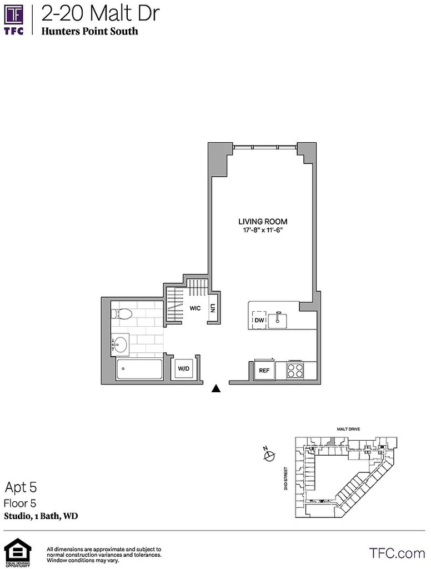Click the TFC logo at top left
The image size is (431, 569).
coord(14,21)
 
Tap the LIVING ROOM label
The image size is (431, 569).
coord(263,221)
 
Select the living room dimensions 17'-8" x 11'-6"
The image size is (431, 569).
coord(263,230)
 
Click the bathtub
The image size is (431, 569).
coord(139,370)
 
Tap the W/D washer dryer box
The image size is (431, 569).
coord(184,369)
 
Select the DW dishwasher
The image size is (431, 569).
coord(259,320)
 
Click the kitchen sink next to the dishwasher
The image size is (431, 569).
coord(278,320)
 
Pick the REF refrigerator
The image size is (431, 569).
coord(264,370)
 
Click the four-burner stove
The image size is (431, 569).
coord(295,370)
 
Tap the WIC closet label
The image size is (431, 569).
coord(195,308)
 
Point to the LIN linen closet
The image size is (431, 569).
coord(213,308)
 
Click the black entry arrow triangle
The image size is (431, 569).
coord(216,388)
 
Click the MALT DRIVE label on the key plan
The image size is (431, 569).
coord(348,429)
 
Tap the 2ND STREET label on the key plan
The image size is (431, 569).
coord(285,478)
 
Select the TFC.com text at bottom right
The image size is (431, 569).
coord(397,553)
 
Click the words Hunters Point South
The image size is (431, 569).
coord(89,31)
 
